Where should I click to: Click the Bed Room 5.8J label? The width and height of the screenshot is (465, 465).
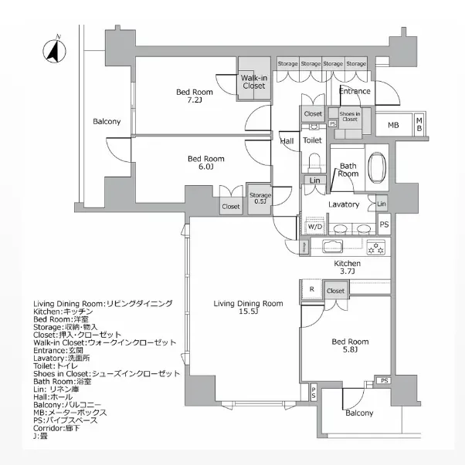(x=349, y=345)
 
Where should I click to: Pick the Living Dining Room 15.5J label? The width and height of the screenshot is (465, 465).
(x=248, y=307)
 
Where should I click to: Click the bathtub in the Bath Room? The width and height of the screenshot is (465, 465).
(x=378, y=167)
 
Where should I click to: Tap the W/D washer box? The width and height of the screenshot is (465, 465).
(x=315, y=227)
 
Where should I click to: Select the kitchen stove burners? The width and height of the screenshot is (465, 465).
(x=376, y=248)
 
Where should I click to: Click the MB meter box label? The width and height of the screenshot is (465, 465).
(x=393, y=125)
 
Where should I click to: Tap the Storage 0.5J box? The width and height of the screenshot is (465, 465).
(x=260, y=199)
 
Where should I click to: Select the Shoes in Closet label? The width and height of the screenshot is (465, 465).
(x=349, y=117)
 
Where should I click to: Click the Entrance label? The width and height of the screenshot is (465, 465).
(x=355, y=91)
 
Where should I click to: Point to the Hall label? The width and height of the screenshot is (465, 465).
(x=287, y=141)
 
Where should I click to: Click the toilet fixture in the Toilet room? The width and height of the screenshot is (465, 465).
(x=314, y=163)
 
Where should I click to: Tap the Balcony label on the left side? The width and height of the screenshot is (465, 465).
(x=107, y=122)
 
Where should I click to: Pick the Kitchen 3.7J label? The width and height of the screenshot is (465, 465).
(x=347, y=268)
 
